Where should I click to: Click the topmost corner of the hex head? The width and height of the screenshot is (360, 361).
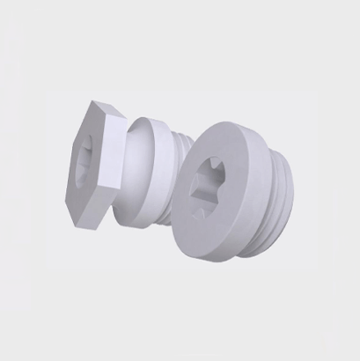94,102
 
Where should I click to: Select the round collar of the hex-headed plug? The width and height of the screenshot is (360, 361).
158,172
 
